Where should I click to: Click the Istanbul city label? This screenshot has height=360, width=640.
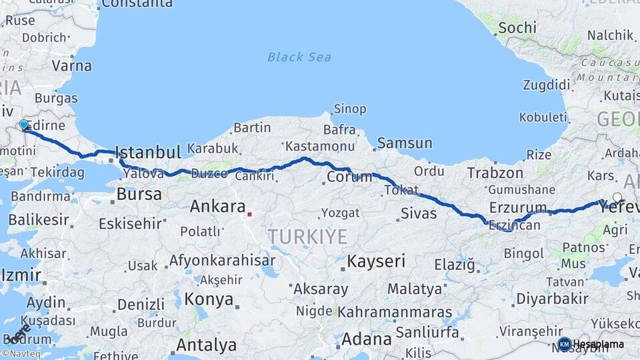(148, 152)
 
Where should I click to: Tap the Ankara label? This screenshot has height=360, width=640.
(217, 207)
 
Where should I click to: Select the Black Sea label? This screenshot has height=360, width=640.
(299, 57)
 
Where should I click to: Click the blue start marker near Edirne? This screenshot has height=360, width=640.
(24, 125)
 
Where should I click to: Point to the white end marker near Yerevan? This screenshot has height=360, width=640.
(617, 197)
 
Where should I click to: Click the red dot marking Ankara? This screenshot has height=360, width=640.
(249, 214)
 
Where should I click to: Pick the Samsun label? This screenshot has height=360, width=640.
(404, 143)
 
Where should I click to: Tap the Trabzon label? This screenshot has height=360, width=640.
(495, 173)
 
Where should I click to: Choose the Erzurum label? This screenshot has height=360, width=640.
(517, 207)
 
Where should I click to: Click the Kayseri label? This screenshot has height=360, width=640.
(376, 261)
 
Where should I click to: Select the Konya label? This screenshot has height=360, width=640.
(209, 299)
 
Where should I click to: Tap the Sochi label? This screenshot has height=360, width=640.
(517, 27)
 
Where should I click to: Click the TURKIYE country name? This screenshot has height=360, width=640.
(307, 237)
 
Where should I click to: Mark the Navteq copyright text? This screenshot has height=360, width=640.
(21, 354)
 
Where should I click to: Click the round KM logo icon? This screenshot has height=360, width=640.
(564, 344)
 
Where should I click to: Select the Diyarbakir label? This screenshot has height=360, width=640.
(552, 298)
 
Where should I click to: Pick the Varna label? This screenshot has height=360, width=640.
(71, 66)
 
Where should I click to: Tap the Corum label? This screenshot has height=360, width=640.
(349, 177)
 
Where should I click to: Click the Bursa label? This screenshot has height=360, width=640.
(139, 195)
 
